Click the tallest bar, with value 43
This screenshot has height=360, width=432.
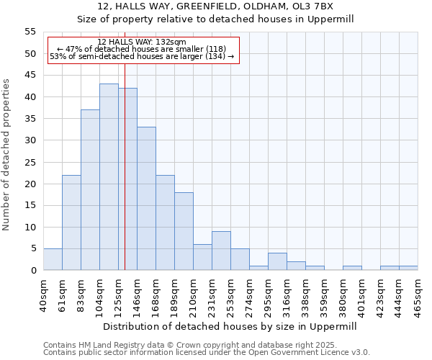click(109, 177)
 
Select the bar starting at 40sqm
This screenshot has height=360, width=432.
click(53, 259)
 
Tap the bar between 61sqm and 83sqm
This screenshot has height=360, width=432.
click(71, 222)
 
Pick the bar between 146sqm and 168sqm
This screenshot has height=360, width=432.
click(146, 199)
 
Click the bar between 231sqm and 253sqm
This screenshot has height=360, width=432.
click(221, 251)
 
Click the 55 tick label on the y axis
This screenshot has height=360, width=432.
click(30, 32)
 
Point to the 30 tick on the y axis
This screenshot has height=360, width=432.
click(30, 140)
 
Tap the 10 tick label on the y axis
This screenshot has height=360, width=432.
click(30, 227)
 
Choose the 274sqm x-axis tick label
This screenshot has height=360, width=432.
click(249, 294)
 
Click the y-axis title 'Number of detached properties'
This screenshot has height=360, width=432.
click(6, 154)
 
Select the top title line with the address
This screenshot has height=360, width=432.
click(216, 6)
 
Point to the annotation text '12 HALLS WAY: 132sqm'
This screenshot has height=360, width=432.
click(142, 42)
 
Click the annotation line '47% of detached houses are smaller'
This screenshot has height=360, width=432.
click(142, 49)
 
